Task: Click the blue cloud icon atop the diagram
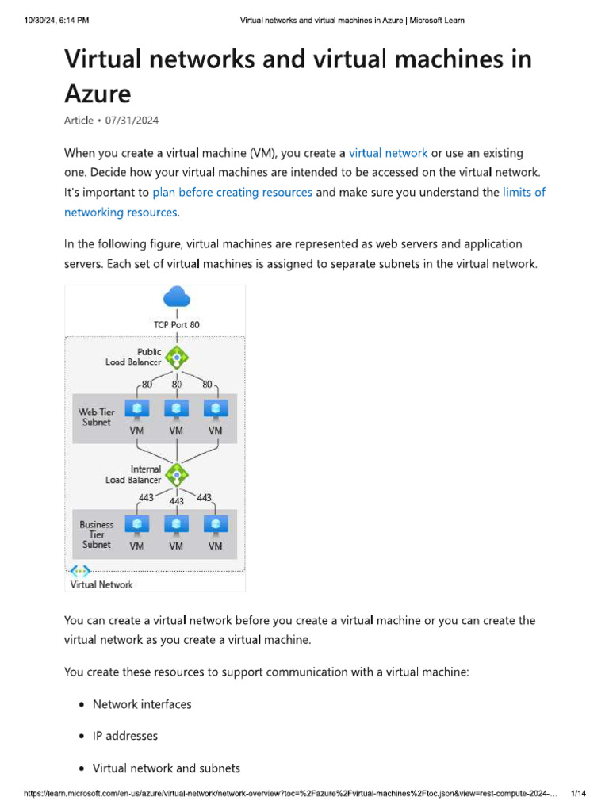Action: (x=176, y=297)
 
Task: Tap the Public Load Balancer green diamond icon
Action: (x=176, y=357)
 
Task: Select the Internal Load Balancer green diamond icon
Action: (x=176, y=474)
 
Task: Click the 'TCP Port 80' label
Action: (x=176, y=324)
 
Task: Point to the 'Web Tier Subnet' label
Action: (x=97, y=417)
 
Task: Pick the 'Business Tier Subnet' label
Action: (x=97, y=534)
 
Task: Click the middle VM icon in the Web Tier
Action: (x=176, y=409)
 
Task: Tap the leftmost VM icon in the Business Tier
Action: (x=136, y=525)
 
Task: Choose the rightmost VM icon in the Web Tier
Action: (x=215, y=409)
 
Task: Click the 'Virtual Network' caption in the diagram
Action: (x=101, y=584)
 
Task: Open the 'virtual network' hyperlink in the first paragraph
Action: (x=388, y=153)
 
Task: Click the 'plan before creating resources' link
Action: (x=232, y=192)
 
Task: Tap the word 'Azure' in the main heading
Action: (x=98, y=94)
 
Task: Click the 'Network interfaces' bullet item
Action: (x=142, y=704)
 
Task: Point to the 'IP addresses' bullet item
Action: (x=125, y=736)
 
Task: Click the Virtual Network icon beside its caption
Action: (x=80, y=571)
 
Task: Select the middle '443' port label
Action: (x=176, y=501)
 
